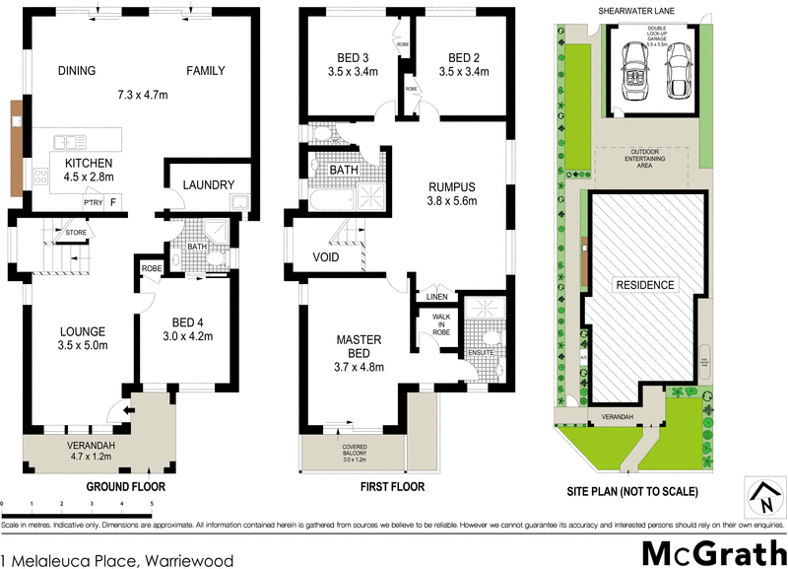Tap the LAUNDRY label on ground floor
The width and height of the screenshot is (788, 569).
tap(208, 184)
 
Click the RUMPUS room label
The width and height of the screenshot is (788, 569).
tap(452, 186)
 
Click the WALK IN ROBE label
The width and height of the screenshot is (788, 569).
tap(440, 324)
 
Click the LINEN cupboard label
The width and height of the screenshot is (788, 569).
tap(437, 297)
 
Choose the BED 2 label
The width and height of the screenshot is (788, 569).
tap(461, 56)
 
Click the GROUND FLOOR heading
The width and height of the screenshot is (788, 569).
tap(125, 487)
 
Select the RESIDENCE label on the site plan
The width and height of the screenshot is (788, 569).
tap(647, 285)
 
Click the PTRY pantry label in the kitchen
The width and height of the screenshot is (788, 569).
tap(93, 202)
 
